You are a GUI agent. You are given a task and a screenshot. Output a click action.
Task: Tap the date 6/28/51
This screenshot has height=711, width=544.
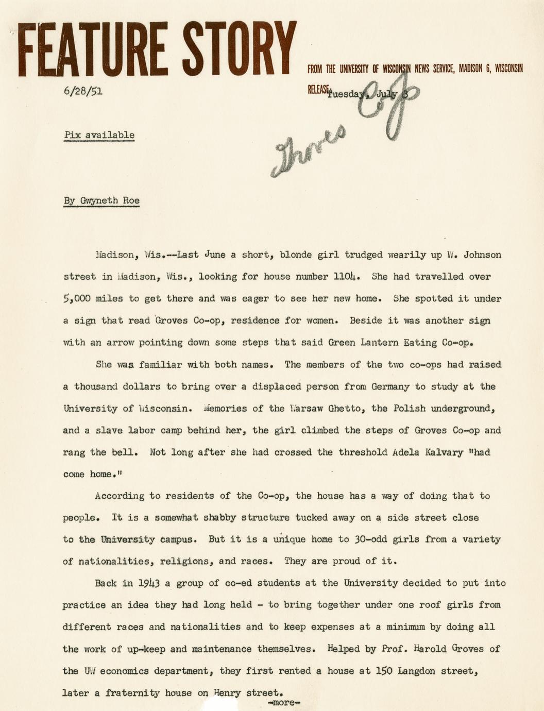[x=82, y=91]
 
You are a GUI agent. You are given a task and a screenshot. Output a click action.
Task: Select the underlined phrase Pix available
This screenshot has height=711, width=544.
[x=99, y=135]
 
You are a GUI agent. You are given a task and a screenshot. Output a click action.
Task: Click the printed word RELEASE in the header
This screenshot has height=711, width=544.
[x=317, y=89]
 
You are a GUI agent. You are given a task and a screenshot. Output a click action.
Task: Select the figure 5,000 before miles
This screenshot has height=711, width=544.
[x=76, y=298]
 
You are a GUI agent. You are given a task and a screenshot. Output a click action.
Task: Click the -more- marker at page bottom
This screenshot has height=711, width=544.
[x=284, y=702]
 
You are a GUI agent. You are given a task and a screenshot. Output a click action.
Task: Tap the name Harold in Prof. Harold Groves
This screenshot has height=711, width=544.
[x=430, y=649]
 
